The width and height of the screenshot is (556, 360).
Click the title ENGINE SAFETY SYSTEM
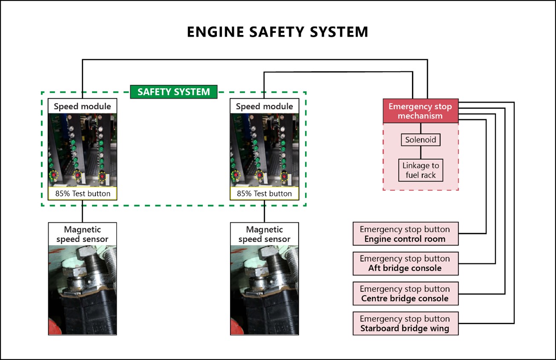(x=277, y=32)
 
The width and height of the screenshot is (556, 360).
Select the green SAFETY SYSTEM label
(x=173, y=92)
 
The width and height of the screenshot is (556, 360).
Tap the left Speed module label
(x=82, y=107)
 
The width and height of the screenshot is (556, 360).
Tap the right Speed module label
(x=264, y=107)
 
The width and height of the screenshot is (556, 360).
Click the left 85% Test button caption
(x=82, y=193)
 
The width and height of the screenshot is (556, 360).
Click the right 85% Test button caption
(x=264, y=193)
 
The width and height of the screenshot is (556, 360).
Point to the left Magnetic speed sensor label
(x=82, y=234)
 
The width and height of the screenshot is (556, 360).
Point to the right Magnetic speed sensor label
(x=264, y=234)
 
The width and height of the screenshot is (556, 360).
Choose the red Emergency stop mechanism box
(x=421, y=111)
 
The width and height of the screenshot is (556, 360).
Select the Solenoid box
(x=421, y=140)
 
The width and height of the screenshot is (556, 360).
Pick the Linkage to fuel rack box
(x=421, y=170)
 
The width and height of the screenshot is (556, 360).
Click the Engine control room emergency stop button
(x=405, y=234)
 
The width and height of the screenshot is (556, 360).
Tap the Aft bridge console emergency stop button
(x=405, y=264)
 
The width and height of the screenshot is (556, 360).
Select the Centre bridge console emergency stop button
(x=405, y=294)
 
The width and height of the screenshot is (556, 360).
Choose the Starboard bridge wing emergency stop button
(x=405, y=323)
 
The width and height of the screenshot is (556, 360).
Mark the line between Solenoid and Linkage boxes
(x=421, y=153)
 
